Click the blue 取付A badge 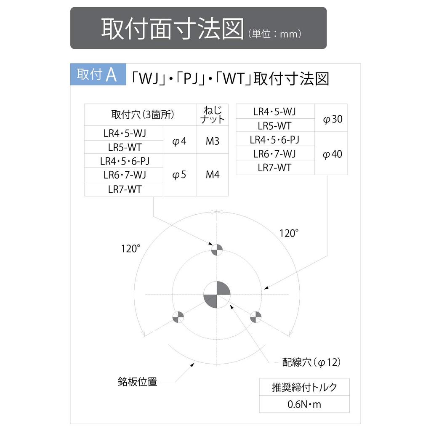point(98,74)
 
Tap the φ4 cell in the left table point(179,140)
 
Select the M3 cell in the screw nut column point(212,140)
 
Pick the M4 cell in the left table point(212,175)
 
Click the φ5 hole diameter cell point(179,175)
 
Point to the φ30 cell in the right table point(331,118)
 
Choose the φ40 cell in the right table point(331,153)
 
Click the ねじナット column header point(212,115)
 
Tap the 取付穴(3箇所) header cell point(141,115)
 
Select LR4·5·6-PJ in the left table point(125,161)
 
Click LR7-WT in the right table point(274,168)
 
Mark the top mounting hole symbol point(217,250)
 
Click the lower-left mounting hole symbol point(178,317)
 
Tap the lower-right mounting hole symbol point(255,317)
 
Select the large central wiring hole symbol point(217,295)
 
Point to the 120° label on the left point(130,248)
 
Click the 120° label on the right point(289,233)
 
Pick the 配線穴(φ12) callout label point(311,362)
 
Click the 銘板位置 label point(138,382)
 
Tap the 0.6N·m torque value point(304,404)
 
